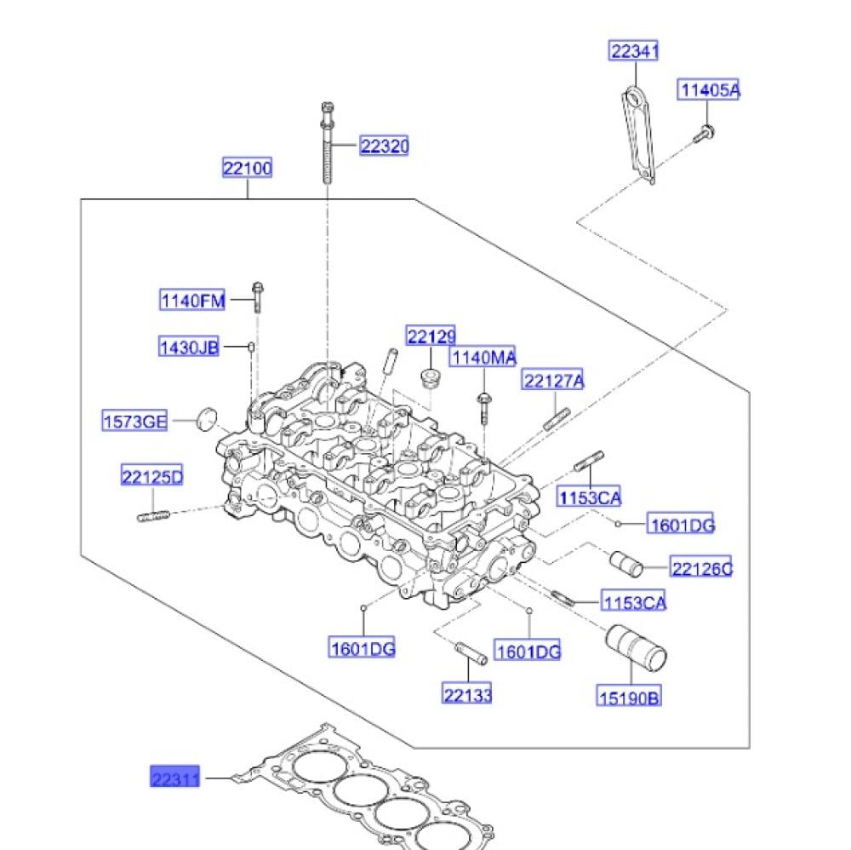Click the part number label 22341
point(634,51)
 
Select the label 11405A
point(708,89)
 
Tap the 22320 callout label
point(384,146)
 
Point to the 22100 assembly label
point(248,169)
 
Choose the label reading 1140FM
point(193,300)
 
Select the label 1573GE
point(135,420)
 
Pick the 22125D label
point(151,477)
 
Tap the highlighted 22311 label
point(174,777)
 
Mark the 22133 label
point(467,695)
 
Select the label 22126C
point(700,568)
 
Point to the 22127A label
point(553,381)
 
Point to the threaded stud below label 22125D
point(152,515)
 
